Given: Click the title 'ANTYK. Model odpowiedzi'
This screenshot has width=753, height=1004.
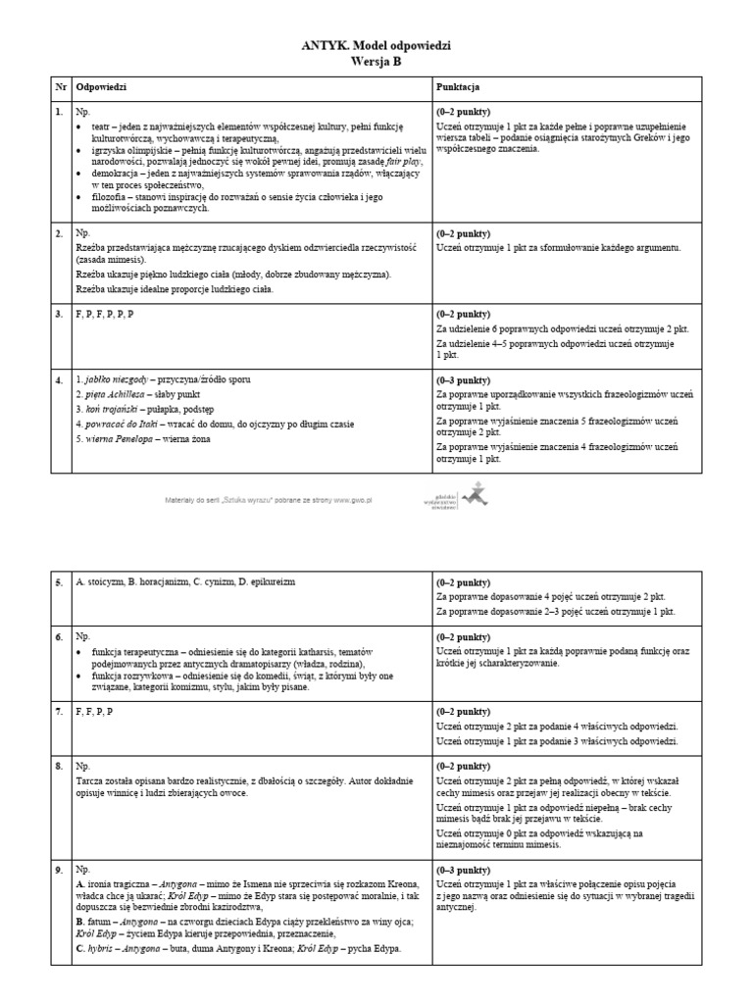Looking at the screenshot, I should click(376, 46).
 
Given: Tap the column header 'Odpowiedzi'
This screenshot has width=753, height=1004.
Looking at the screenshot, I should click(102, 88).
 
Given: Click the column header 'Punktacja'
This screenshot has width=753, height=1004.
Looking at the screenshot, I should click(459, 88).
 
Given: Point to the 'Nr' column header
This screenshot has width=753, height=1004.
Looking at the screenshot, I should click(61, 88).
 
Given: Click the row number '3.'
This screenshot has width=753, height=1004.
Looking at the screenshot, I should click(60, 312).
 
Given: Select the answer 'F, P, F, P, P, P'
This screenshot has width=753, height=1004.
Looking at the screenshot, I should click(105, 312).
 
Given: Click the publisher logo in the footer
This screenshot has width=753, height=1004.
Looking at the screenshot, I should click(460, 497).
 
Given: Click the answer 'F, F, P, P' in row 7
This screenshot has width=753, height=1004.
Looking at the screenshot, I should click(94, 711).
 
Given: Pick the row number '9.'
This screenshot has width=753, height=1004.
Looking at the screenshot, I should click(60, 870).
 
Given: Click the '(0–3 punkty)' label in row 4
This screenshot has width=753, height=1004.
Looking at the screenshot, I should click(463, 379).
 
